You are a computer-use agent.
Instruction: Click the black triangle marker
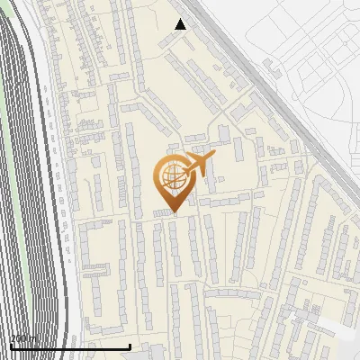(x=180, y=24)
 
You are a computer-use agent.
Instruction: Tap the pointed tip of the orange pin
(x=174, y=212)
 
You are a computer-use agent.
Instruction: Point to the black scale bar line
(x=69, y=346)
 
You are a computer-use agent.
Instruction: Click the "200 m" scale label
(x=23, y=339)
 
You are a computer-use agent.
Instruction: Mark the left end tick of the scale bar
(x=10, y=345)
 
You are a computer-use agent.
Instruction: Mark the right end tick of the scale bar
(x=130, y=345)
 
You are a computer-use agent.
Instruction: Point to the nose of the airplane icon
(x=214, y=157)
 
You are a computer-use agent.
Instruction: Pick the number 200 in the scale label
(x=20, y=339)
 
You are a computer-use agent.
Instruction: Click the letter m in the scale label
(x=33, y=339)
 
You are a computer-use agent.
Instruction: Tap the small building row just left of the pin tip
(x=161, y=213)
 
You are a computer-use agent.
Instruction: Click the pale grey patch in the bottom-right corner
(x=337, y=328)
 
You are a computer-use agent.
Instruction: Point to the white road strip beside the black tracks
(x=54, y=180)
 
